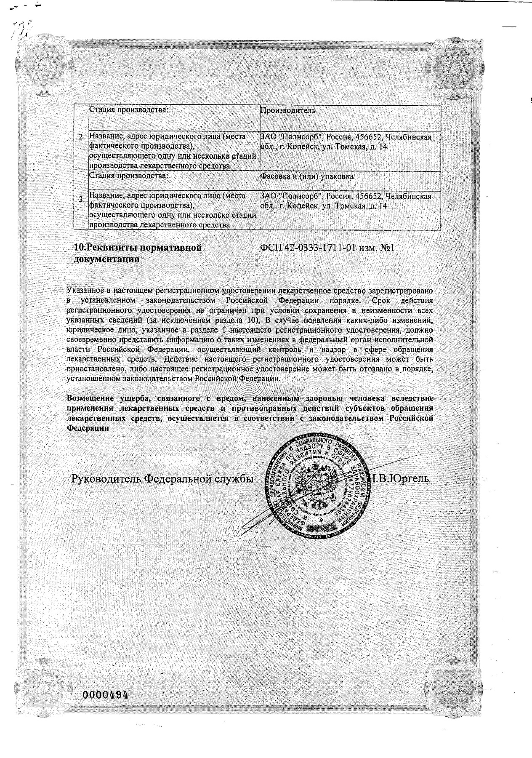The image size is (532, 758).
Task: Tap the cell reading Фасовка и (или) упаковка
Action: point(307,176)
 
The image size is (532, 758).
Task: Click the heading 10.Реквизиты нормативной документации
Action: point(138,254)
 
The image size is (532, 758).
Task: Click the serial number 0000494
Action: point(105,694)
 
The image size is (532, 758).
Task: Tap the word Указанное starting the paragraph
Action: point(84,291)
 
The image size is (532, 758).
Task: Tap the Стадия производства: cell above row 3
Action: point(128,176)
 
